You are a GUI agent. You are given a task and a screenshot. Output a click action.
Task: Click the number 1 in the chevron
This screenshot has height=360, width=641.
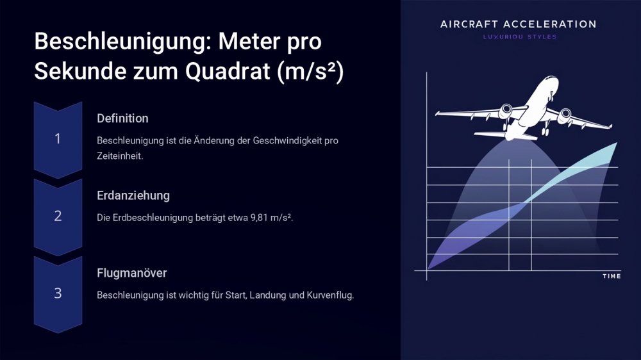(x=58, y=139)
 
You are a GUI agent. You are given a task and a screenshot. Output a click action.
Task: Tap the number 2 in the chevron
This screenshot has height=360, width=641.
(x=58, y=216)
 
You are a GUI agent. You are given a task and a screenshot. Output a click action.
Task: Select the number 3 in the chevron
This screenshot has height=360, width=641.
(x=58, y=293)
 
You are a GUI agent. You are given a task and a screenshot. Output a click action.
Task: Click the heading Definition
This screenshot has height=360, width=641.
(x=122, y=119)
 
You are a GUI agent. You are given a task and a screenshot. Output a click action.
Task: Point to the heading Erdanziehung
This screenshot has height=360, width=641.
(x=133, y=196)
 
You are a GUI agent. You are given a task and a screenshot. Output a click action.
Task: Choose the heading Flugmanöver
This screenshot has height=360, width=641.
(x=131, y=273)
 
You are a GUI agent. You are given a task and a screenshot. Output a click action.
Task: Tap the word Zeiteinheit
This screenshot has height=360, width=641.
(x=120, y=156)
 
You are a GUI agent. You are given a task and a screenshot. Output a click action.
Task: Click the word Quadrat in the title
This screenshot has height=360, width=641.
(x=228, y=72)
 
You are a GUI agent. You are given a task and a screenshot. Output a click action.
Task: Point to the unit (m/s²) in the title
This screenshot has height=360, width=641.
(x=310, y=72)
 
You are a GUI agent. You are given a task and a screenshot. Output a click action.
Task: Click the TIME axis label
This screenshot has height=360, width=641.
(x=612, y=276)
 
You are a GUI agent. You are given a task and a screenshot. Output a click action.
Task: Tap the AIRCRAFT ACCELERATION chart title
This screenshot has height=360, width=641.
(x=518, y=24)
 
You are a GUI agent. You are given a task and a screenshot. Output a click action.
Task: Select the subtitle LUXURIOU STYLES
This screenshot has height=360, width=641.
(x=520, y=37)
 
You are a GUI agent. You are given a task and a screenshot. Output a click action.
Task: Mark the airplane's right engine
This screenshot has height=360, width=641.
(x=565, y=115)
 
